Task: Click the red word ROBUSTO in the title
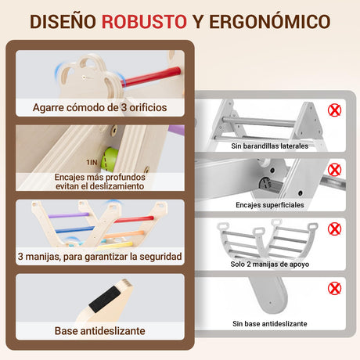[144, 22]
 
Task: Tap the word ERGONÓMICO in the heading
[270, 21]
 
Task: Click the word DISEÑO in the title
[63, 21]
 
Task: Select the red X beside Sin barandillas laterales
[334, 110]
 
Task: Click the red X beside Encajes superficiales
[334, 170]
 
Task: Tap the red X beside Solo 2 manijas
[334, 229]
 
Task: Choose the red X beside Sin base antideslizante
[334, 289]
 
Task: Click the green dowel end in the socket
[109, 159]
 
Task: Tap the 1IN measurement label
[92, 163]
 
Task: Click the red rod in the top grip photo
[151, 77]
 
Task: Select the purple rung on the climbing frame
[69, 215]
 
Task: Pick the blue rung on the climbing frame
[75, 230]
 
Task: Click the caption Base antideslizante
[100, 331]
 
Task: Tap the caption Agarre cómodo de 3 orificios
[100, 107]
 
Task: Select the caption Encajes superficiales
[270, 205]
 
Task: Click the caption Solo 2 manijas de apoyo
[270, 265]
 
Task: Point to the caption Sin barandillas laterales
[270, 146]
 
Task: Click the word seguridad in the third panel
[160, 257]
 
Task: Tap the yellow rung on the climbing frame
[115, 245]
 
